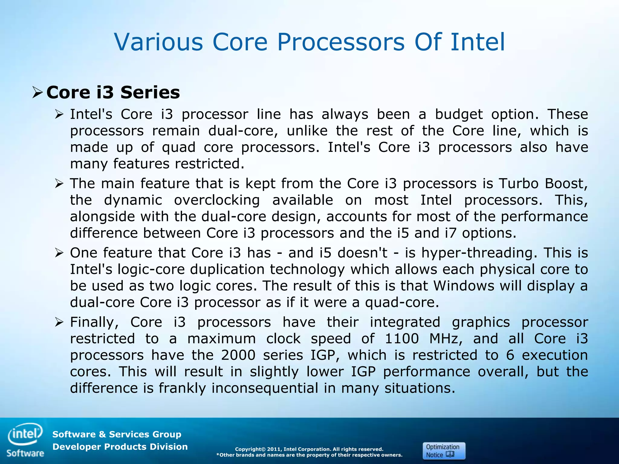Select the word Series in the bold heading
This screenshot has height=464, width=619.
coord(150,92)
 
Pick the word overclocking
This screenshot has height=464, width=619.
coord(217,200)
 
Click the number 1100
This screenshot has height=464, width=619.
coord(402,339)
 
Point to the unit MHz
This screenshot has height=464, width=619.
coord(446,339)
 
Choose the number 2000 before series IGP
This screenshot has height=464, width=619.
coord(238,355)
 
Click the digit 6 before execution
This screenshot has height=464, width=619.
coord(510,355)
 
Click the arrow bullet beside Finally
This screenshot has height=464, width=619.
coord(59,323)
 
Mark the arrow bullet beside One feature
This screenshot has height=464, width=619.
coord(59,253)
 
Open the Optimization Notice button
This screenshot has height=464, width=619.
coord(444,451)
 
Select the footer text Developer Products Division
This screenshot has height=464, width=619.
coord(120,447)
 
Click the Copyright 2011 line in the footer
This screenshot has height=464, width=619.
coord(309,449)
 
